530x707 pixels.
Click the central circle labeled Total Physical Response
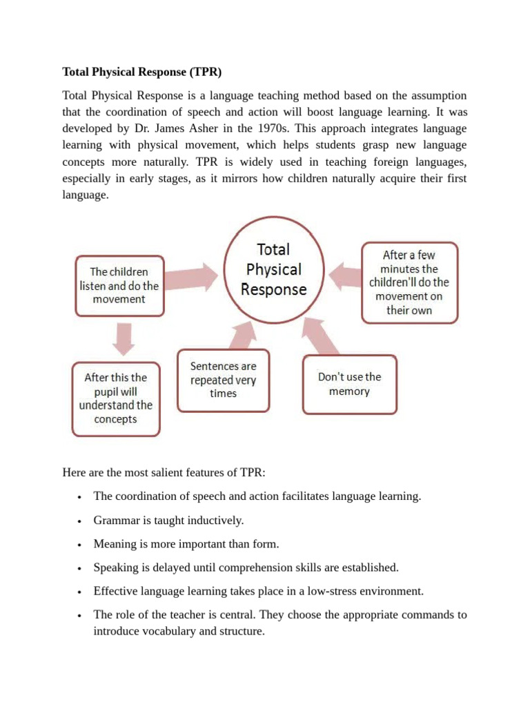click(273, 270)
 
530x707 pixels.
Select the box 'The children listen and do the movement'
click(119, 285)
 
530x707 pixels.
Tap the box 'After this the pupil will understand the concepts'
click(115, 398)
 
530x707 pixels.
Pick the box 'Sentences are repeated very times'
click(223, 380)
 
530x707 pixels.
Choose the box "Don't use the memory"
click(349, 384)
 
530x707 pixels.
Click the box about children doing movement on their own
click(409, 282)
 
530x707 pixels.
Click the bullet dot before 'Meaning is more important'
click(81, 545)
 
